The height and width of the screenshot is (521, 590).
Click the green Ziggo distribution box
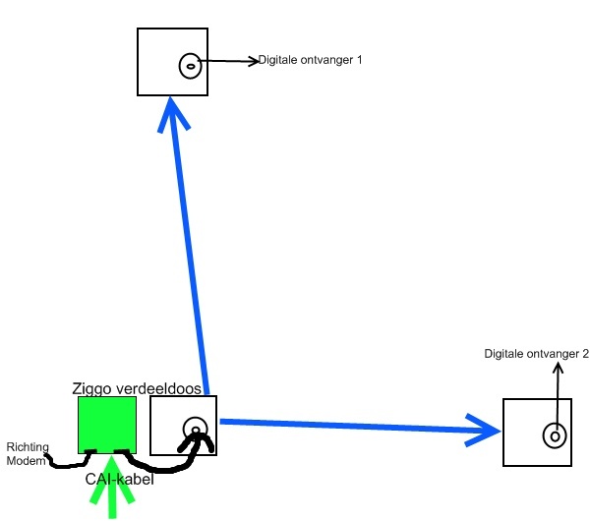coord(106,424)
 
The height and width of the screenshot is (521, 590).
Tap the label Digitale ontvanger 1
coord(311,60)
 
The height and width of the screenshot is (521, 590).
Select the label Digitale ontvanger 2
coord(536,354)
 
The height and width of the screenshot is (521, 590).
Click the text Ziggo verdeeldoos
coord(137,389)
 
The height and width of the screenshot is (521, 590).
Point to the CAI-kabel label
coord(118,479)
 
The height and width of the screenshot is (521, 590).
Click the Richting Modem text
coord(26,453)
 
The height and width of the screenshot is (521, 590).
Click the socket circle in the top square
coord(190,66)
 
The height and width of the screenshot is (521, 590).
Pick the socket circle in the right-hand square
coord(555,434)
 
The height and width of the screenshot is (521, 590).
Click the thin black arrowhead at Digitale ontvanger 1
coord(252,61)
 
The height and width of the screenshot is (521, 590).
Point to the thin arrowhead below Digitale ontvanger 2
coord(559,369)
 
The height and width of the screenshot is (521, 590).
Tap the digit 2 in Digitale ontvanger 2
coord(584,354)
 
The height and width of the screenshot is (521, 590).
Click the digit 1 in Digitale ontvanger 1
coord(359,60)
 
